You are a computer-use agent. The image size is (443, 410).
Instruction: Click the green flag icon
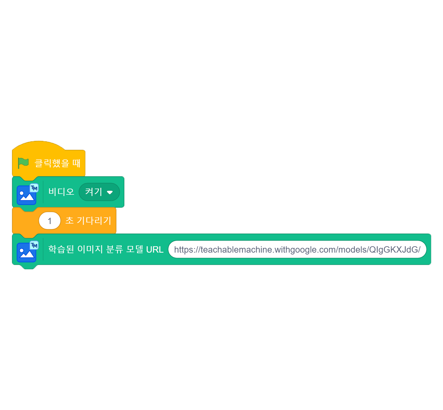tap(23, 163)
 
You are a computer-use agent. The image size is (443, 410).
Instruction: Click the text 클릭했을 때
tap(57, 163)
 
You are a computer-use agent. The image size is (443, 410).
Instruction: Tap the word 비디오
tap(61, 192)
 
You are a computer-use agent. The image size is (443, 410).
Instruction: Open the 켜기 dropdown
tap(99, 192)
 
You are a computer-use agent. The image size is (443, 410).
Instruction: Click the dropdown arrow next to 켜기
tap(110, 192)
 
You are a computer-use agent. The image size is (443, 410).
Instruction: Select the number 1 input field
tap(50, 221)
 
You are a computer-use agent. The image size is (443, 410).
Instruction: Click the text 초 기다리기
tap(88, 220)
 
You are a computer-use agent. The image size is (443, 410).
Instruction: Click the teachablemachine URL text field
tap(297, 249)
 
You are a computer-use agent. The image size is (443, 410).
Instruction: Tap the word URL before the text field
tap(155, 249)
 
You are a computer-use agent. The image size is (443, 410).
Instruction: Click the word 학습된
tap(61, 249)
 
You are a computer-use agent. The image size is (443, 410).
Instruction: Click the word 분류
tap(115, 249)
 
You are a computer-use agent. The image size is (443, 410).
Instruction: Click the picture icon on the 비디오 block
tap(26, 195)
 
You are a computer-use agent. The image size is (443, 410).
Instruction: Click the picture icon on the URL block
tap(26, 253)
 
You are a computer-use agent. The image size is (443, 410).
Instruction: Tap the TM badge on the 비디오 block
tap(34, 188)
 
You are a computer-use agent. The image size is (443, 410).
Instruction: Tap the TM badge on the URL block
tap(34, 245)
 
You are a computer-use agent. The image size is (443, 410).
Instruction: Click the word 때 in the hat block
tap(76, 163)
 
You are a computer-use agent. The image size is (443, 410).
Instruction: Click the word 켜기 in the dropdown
tap(94, 192)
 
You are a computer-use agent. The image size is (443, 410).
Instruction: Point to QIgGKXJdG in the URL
tap(394, 249)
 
